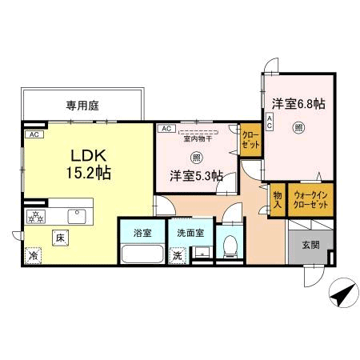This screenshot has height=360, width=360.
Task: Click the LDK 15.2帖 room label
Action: tap(88, 164)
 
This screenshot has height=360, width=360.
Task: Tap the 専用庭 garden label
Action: tap(82, 106)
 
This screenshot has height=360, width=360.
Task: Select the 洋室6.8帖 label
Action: tap(298, 104)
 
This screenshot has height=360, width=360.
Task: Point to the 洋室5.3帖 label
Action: tap(197, 176)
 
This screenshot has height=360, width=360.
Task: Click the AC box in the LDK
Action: tap(34, 134)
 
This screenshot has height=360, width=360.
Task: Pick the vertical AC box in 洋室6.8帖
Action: tap(270, 122)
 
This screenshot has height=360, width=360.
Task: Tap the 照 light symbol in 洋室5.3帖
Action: tap(196, 158)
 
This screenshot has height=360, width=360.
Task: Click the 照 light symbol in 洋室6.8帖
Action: tap(298, 128)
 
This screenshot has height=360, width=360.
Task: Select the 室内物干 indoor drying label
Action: tap(198, 138)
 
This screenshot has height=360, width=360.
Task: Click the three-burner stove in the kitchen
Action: tap(36, 217)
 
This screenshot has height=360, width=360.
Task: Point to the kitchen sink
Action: tap(77, 217)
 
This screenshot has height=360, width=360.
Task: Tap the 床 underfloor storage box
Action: tap(60, 238)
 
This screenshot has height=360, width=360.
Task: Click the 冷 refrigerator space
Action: tap(34, 255)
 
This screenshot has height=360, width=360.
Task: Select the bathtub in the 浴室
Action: tap(142, 254)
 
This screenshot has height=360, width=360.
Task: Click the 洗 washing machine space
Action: tap(178, 256)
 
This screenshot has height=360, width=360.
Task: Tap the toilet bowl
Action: tap(230, 246)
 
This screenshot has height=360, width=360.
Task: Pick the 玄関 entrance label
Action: tap(311, 245)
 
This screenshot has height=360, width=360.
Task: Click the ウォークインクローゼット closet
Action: tap(310, 200)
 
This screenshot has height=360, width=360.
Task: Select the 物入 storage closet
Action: tap(278, 200)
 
